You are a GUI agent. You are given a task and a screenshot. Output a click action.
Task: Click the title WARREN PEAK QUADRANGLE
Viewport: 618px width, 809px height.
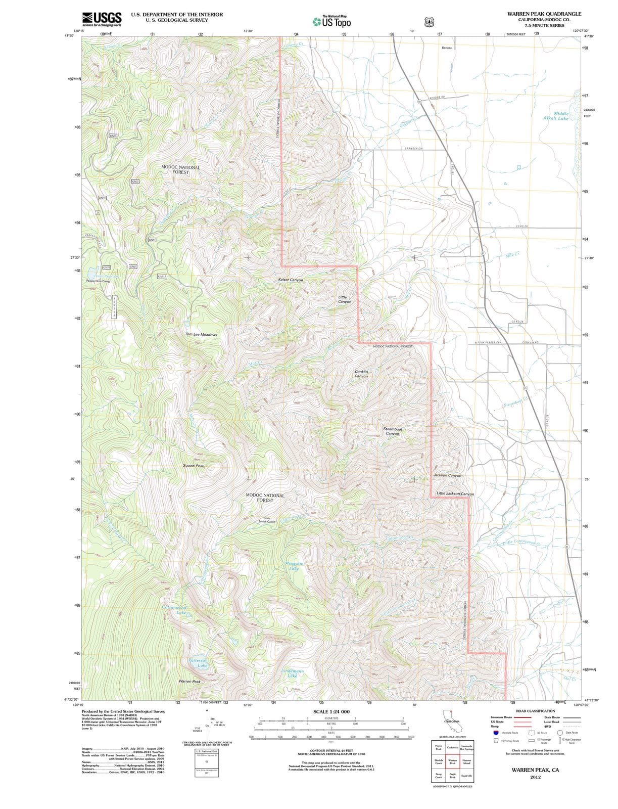544,14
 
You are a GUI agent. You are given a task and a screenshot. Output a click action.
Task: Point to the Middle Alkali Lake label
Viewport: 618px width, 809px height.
556,116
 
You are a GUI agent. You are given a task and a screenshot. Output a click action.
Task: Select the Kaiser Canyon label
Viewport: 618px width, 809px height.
291,280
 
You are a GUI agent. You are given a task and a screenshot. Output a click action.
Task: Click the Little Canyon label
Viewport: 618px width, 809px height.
344,299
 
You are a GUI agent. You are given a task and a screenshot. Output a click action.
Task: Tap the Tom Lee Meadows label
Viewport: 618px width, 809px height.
201,335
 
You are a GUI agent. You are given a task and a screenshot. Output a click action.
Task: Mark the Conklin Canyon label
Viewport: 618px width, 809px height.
361,374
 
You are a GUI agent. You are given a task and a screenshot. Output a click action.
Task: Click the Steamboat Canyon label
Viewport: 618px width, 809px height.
393,431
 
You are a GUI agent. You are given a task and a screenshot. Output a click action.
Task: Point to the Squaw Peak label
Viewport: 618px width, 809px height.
194,465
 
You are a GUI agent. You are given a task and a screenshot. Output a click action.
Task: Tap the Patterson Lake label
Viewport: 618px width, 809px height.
198,662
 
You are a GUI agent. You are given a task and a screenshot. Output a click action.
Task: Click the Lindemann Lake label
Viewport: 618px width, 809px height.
292,673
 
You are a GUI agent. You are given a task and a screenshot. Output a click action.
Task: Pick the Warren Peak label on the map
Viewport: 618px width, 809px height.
189,682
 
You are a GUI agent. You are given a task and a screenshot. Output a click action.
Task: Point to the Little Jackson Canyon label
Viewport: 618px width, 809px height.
455,493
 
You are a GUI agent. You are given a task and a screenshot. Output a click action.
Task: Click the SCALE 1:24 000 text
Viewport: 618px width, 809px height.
331,711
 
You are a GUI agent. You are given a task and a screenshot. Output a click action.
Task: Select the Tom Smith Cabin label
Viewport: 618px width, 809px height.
266,519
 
